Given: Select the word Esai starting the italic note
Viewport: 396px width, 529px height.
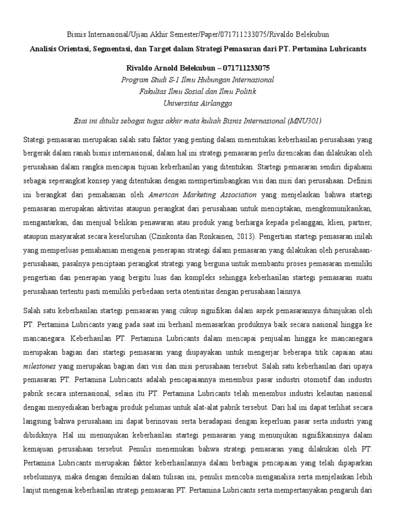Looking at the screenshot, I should coord(81,120).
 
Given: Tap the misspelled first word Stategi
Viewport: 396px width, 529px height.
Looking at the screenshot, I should coord(35,141).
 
